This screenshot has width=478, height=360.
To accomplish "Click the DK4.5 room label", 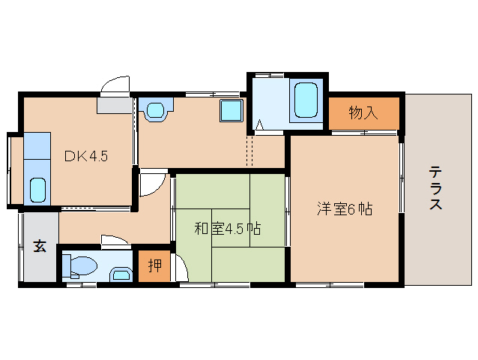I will click(86, 157).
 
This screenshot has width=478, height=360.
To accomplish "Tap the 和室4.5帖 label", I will click(228, 229).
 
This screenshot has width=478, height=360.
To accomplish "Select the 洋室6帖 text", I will click(343, 209).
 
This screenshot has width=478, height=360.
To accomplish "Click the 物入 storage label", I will click(363, 113).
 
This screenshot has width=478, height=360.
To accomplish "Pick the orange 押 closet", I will click(154, 266).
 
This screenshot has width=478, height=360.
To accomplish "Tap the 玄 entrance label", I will click(39, 247).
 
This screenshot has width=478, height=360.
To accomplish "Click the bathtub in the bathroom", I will click(306, 100).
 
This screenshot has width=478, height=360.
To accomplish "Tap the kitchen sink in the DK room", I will click(37, 190).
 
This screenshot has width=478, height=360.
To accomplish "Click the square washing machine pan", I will click(230, 112).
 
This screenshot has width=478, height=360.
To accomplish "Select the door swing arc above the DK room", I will click(115, 84).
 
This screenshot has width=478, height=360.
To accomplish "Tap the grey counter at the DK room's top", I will click(114, 106).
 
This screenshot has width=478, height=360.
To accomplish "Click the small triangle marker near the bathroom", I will click(259, 124).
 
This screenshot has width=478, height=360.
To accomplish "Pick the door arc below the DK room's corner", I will click(150, 182).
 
